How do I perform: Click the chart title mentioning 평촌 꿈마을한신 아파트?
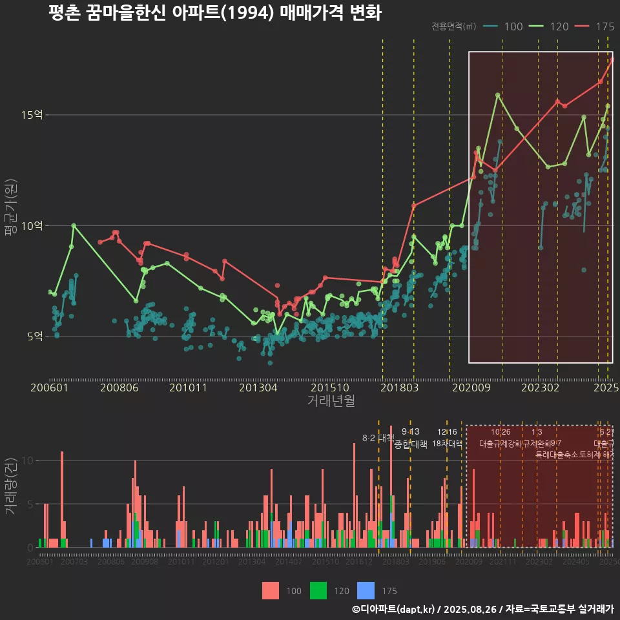pos(214,13)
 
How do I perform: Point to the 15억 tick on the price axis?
pos(33,115)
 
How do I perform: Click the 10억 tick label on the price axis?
pos(33,225)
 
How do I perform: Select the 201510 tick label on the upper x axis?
pos(326,387)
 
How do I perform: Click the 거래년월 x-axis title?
pos(331,401)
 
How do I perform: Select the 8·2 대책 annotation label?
pos(378,438)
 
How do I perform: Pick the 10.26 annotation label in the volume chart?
pos(501,432)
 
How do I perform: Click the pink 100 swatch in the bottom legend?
pos(271,590)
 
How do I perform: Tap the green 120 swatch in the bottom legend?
pos(319,590)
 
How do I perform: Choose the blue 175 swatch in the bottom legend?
pos(366,590)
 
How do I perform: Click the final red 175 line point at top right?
pos(612,59)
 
